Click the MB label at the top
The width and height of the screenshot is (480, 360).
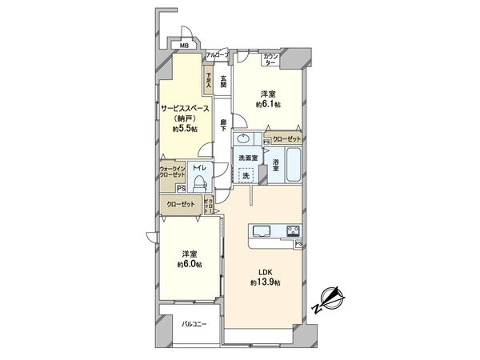[183, 46]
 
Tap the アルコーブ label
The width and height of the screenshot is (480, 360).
[217, 54]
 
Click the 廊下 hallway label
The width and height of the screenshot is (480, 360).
[223, 126]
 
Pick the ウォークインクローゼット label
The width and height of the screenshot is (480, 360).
[173, 172]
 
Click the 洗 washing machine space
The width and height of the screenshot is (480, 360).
[248, 174]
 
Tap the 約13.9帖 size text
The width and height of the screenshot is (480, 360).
[265, 285]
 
